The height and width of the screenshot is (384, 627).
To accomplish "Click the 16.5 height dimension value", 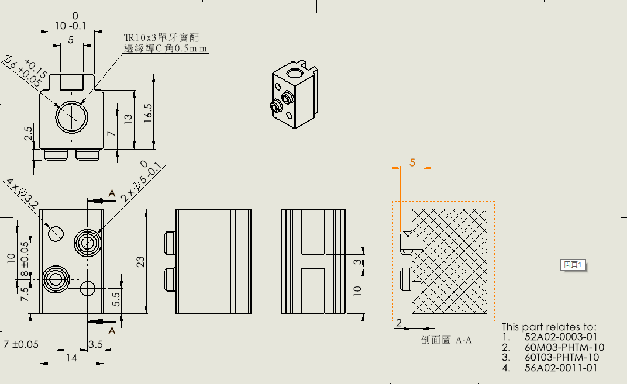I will pyautogui.click(x=148, y=110).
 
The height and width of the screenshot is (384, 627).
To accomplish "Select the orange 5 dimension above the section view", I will pyautogui.click(x=412, y=162).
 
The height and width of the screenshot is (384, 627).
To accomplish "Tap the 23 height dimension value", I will pyautogui.click(x=140, y=262).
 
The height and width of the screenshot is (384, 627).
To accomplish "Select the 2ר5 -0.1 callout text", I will pyautogui.click(x=140, y=182).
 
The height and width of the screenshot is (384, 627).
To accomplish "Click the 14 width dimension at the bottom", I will pyautogui.click(x=71, y=358).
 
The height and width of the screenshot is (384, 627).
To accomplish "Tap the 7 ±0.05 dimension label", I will pyautogui.click(x=20, y=344).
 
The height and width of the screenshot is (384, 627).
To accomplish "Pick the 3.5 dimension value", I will pyautogui.click(x=95, y=344).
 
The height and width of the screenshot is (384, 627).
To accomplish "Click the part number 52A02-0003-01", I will pyautogui.click(x=561, y=337).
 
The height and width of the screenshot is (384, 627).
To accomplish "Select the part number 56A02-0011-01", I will pyautogui.click(x=561, y=367).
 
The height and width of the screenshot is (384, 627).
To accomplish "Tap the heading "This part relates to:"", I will pyautogui.click(x=549, y=327).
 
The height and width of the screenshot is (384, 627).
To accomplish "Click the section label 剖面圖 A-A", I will pyautogui.click(x=446, y=340).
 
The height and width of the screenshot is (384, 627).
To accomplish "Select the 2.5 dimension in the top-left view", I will pyautogui.click(x=28, y=133).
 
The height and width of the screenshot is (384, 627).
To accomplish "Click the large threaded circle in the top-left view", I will pyautogui.click(x=71, y=117).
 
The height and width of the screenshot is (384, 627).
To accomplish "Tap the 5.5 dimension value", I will pyautogui.click(x=116, y=299).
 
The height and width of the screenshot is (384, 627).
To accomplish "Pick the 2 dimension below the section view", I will pyautogui.click(x=399, y=323).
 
